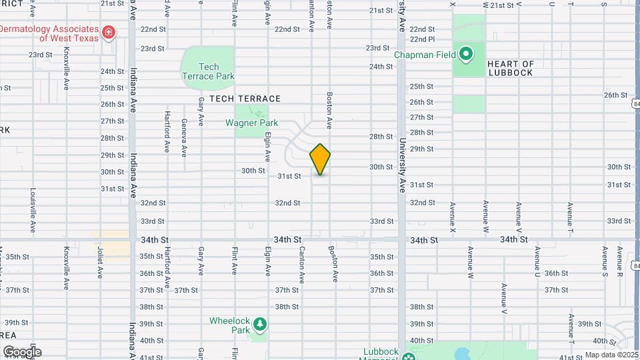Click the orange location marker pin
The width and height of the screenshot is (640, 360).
(321, 159)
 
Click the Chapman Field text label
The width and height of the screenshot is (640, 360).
(425, 55)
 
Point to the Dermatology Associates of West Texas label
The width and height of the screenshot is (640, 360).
(49, 33)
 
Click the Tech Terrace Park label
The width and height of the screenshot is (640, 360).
(209, 71)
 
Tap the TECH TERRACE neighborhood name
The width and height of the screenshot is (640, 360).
(245, 99)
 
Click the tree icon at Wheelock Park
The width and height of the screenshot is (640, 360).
(259, 325)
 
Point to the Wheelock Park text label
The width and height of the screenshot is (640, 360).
(229, 325)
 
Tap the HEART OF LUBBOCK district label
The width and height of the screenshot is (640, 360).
(510, 68)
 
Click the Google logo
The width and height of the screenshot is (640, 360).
(21, 352)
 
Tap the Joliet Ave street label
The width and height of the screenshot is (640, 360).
(100, 263)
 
